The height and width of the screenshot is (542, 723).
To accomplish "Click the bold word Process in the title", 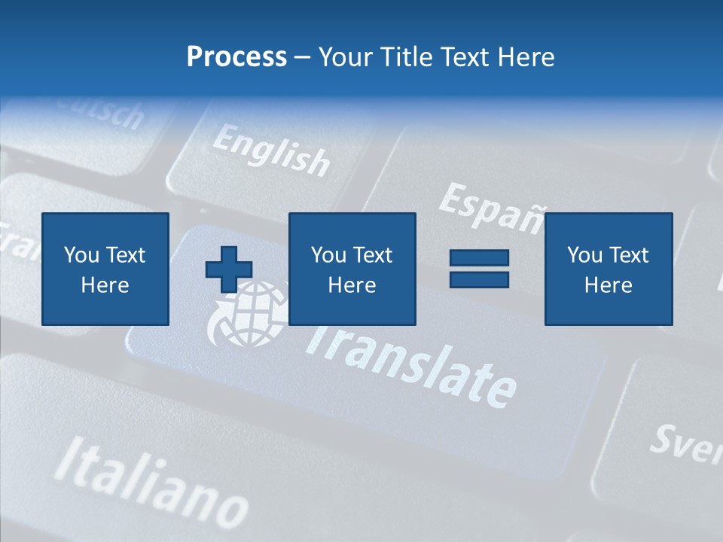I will [236, 57].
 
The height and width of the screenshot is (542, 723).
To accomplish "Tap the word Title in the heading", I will [408, 57].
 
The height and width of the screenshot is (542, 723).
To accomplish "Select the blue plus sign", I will [229, 269].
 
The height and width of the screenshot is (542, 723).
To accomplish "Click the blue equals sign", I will [479, 269].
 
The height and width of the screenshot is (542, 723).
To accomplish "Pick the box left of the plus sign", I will [105, 269].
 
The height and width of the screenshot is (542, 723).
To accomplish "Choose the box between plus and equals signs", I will [352, 269].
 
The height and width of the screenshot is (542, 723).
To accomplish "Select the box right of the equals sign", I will [608, 269].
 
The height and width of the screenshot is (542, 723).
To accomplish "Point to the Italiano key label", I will [151, 482].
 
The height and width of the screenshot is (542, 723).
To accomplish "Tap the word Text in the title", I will [462, 57].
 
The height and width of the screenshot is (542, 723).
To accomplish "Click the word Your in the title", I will [346, 57].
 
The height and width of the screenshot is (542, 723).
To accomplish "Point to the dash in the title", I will [302, 58].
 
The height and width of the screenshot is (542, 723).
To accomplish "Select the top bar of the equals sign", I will [479, 258].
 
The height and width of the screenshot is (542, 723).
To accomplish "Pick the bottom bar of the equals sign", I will [479, 279].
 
